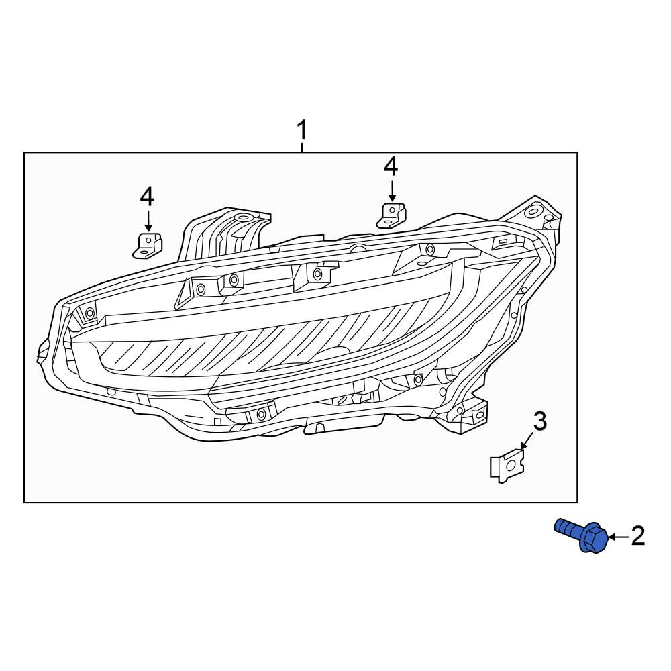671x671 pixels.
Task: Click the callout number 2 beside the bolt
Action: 637,536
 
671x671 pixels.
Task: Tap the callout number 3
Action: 540,421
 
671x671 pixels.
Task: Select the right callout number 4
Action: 391,166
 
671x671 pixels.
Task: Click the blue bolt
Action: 581,535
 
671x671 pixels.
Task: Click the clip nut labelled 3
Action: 507,465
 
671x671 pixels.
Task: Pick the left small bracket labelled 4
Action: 148,246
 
